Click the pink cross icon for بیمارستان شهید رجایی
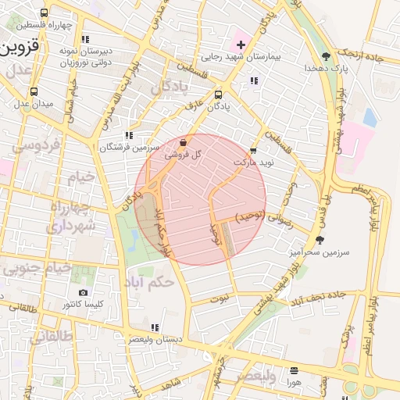click(241, 45)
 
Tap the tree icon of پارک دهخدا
click(326, 55)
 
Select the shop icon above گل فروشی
click(183, 143)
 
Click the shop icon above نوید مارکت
click(253, 150)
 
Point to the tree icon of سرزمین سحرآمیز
click(319, 240)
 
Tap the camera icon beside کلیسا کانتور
click(84, 293)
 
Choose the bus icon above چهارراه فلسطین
click(44, 12)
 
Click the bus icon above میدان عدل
click(24, 91)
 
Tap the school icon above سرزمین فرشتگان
click(129, 135)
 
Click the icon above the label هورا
click(294, 370)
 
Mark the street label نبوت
click(221, 298)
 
